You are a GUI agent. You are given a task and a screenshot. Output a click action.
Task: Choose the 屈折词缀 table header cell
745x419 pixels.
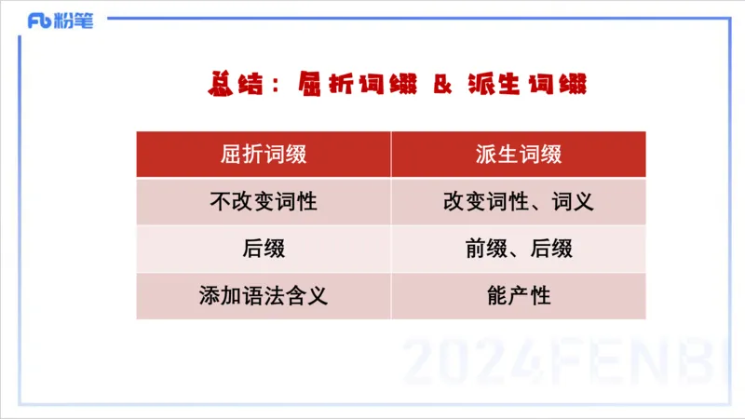point(264,155)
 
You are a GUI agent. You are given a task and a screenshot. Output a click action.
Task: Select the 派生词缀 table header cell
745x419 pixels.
point(518,155)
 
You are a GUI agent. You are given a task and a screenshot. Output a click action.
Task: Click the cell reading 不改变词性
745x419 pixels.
point(264,202)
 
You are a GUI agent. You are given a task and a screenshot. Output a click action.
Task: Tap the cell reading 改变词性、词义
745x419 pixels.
point(518,202)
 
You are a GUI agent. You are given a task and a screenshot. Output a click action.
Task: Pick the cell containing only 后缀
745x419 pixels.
point(264,250)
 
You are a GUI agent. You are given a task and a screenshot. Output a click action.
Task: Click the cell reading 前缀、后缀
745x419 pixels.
point(518,250)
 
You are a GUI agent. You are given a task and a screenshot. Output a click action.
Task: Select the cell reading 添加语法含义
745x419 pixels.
point(264,297)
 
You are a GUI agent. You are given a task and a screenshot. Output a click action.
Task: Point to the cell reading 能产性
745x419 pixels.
point(518,297)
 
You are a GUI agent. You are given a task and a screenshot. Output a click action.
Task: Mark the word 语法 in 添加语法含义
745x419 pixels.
point(264,297)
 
